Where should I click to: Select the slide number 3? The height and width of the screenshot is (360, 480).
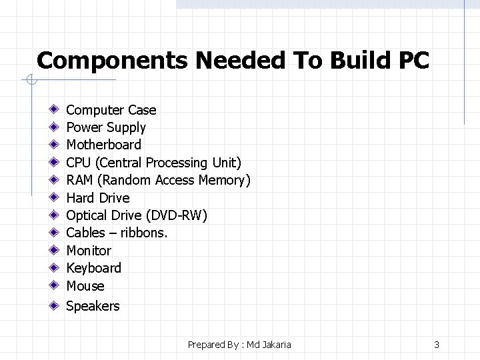[x=437, y=345]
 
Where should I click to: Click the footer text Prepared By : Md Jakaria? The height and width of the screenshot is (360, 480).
[x=239, y=345]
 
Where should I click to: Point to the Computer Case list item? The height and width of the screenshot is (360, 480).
[x=111, y=110]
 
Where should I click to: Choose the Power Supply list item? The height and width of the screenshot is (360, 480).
[x=105, y=127]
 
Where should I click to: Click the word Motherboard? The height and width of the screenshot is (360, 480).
[x=103, y=145]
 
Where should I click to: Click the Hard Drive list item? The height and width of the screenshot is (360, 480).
[x=97, y=198]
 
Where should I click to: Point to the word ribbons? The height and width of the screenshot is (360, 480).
[x=143, y=233]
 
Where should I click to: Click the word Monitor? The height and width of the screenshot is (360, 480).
[x=89, y=251]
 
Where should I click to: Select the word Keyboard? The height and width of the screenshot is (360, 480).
[x=93, y=268]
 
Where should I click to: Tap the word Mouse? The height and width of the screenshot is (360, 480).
[x=85, y=286]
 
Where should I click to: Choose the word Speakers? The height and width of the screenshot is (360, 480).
[x=93, y=306]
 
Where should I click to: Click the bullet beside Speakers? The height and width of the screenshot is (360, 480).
[x=53, y=306]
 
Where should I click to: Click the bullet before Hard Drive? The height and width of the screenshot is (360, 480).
[x=53, y=198]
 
